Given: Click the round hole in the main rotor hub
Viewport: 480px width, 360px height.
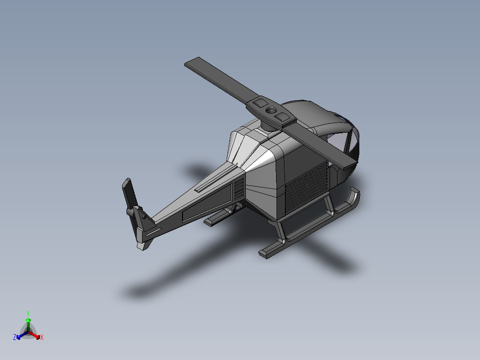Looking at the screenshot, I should click(270, 110).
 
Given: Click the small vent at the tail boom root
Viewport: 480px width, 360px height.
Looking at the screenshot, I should click(239, 189).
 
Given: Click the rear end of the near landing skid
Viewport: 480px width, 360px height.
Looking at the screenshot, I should click(265, 253).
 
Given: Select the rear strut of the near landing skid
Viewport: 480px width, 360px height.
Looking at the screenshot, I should click(281, 232).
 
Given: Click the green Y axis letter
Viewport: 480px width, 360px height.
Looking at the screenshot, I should click(28, 313).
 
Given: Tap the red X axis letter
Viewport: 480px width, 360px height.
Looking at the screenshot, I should click(42, 338).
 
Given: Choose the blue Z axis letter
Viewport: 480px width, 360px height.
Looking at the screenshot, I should click(15, 337).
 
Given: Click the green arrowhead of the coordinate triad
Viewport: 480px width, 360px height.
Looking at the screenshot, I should click(28, 320).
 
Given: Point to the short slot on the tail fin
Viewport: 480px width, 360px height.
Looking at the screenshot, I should click(153, 232).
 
